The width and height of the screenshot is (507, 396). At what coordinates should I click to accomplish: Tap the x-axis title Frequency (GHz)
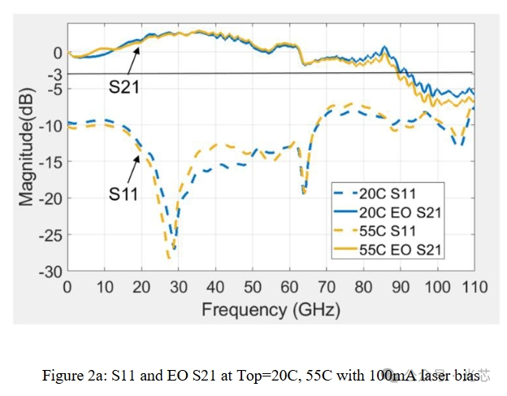click(271, 308)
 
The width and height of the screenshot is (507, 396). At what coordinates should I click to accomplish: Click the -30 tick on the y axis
click(50, 271)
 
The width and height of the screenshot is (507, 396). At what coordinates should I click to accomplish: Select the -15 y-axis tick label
click(50, 162)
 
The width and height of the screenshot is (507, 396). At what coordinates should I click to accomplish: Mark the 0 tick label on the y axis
click(57, 53)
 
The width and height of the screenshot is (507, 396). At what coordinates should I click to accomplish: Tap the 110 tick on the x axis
click(474, 287)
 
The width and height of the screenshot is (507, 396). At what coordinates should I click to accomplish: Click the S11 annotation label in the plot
click(124, 194)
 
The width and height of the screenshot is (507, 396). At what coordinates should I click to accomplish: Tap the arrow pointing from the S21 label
click(132, 62)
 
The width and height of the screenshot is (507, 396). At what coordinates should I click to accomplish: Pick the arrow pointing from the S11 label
click(133, 169)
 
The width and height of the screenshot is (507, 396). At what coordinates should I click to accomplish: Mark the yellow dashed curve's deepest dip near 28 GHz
click(169, 257)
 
